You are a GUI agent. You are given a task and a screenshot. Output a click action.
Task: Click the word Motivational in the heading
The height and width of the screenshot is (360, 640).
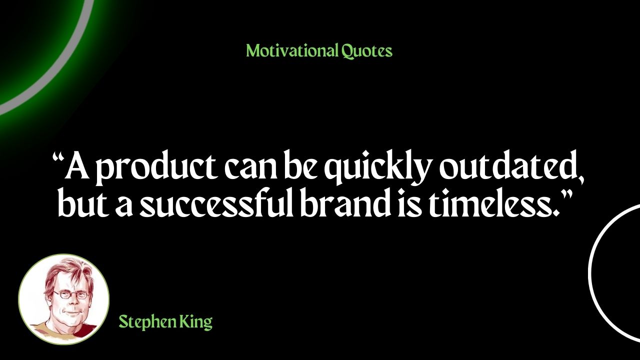[292, 50]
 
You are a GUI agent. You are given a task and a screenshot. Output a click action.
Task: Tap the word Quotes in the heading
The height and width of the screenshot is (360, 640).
[367, 51]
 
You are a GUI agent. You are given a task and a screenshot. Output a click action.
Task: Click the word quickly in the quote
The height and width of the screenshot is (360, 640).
[377, 168]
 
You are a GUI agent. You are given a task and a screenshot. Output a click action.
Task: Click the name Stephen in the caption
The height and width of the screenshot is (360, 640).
[147, 322]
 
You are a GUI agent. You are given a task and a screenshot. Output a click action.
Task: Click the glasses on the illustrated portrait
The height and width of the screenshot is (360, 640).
[70, 294]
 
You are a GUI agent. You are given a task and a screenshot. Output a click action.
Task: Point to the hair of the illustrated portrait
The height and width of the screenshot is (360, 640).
[68, 271]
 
